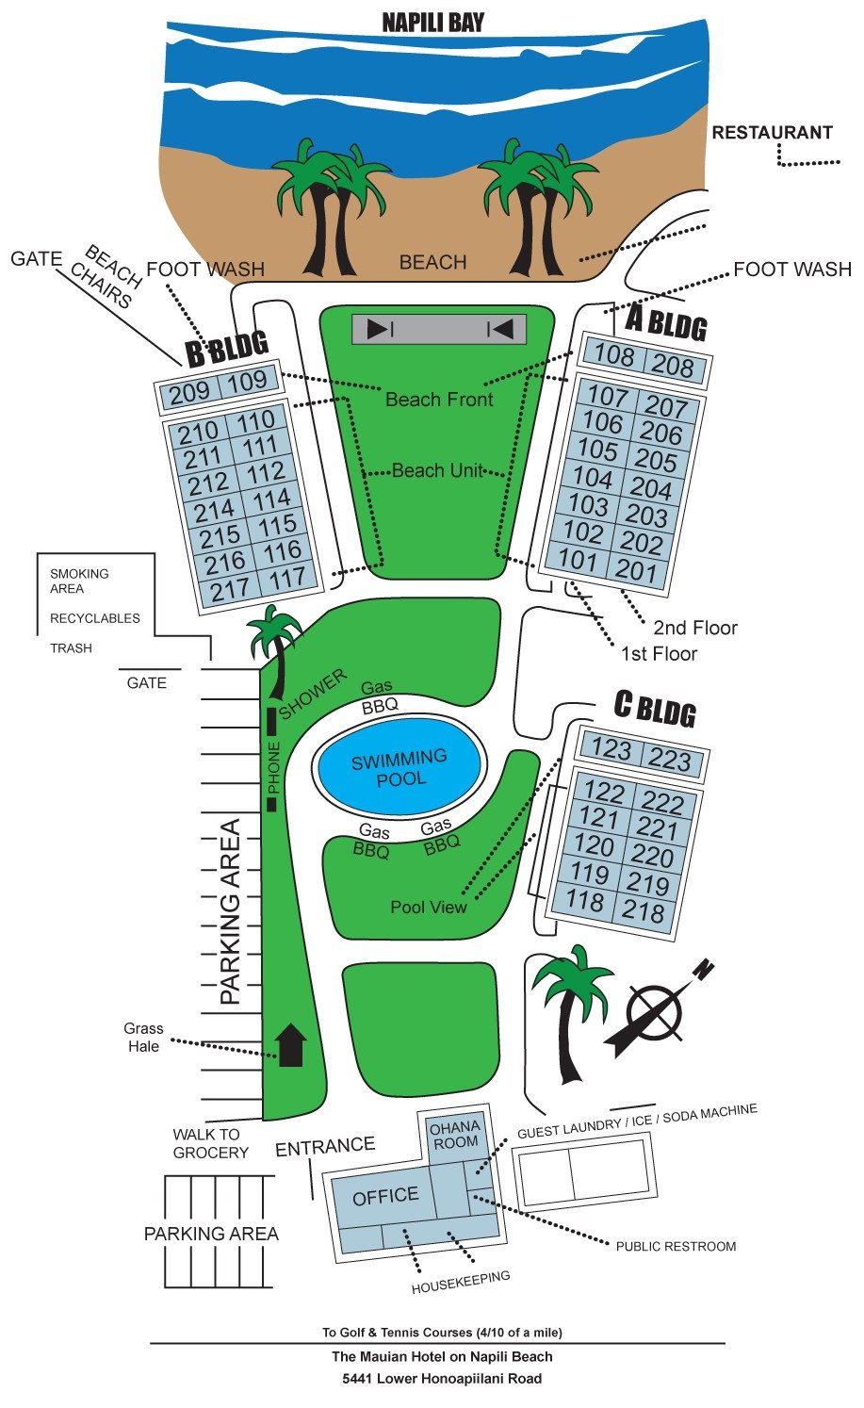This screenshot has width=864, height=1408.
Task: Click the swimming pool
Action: (399, 767)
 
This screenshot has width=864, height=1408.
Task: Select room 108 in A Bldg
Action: (614, 355)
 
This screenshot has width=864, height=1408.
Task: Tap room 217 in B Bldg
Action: (231, 590)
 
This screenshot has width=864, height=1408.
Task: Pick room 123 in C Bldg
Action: (611, 748)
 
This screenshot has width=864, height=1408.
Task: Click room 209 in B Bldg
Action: (190, 393)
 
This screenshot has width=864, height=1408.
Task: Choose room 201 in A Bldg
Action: (635, 570)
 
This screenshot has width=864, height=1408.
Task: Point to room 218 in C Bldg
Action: (643, 910)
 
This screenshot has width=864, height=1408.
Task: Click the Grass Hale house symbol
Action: (292, 1044)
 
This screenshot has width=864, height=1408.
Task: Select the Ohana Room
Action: (456, 1135)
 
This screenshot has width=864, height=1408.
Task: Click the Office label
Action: (385, 1196)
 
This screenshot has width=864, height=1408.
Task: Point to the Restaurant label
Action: (772, 133)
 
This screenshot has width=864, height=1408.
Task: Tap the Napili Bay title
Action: (433, 24)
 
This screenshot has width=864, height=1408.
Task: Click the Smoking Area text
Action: (79, 581)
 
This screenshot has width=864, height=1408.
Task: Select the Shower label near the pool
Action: (312, 694)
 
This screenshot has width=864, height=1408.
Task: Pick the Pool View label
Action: (429, 907)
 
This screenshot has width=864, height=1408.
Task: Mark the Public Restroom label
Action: (676, 1247)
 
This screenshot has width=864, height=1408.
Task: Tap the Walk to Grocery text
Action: (210, 1143)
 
